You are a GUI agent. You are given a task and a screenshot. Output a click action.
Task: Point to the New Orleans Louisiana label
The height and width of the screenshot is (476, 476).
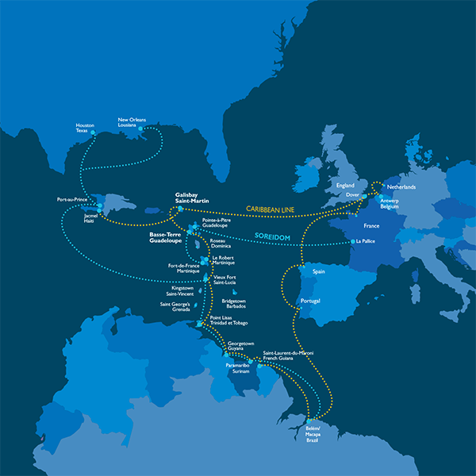click(x=132, y=122)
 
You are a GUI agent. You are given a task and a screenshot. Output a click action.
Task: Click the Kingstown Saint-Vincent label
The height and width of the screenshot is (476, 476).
click(x=187, y=291)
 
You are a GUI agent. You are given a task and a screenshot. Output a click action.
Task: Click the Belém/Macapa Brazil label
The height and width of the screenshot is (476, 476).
click(x=317, y=433)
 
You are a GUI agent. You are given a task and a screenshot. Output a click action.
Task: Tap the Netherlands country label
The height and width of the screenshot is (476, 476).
click(x=401, y=187)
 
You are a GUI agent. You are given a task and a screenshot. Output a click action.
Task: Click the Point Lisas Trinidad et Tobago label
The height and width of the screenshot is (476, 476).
click(x=229, y=322)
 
